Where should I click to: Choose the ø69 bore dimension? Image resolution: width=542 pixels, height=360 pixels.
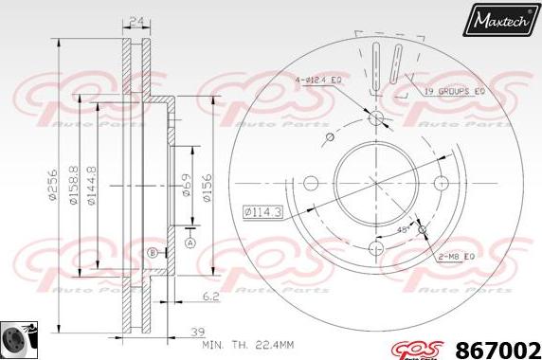188,184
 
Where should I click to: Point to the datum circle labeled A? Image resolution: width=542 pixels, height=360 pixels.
190,243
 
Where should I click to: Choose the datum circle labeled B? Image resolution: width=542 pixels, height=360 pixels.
152,252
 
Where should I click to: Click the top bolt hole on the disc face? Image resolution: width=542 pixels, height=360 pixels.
376,118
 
